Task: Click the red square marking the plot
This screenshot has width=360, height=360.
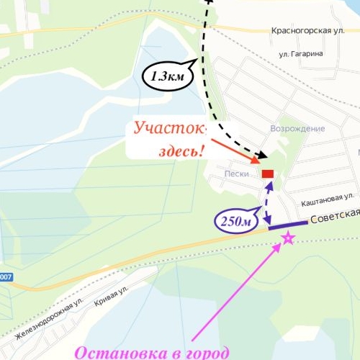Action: click(268, 174)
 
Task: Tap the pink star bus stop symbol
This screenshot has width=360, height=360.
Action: click(287, 238)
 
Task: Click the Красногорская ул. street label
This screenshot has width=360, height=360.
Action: click(311, 31)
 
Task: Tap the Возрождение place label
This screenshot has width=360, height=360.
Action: click(297, 128)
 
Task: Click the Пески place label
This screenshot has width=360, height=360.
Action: click(237, 174)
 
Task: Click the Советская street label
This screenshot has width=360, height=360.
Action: click(336, 219)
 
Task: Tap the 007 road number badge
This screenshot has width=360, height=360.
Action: click(6, 277)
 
